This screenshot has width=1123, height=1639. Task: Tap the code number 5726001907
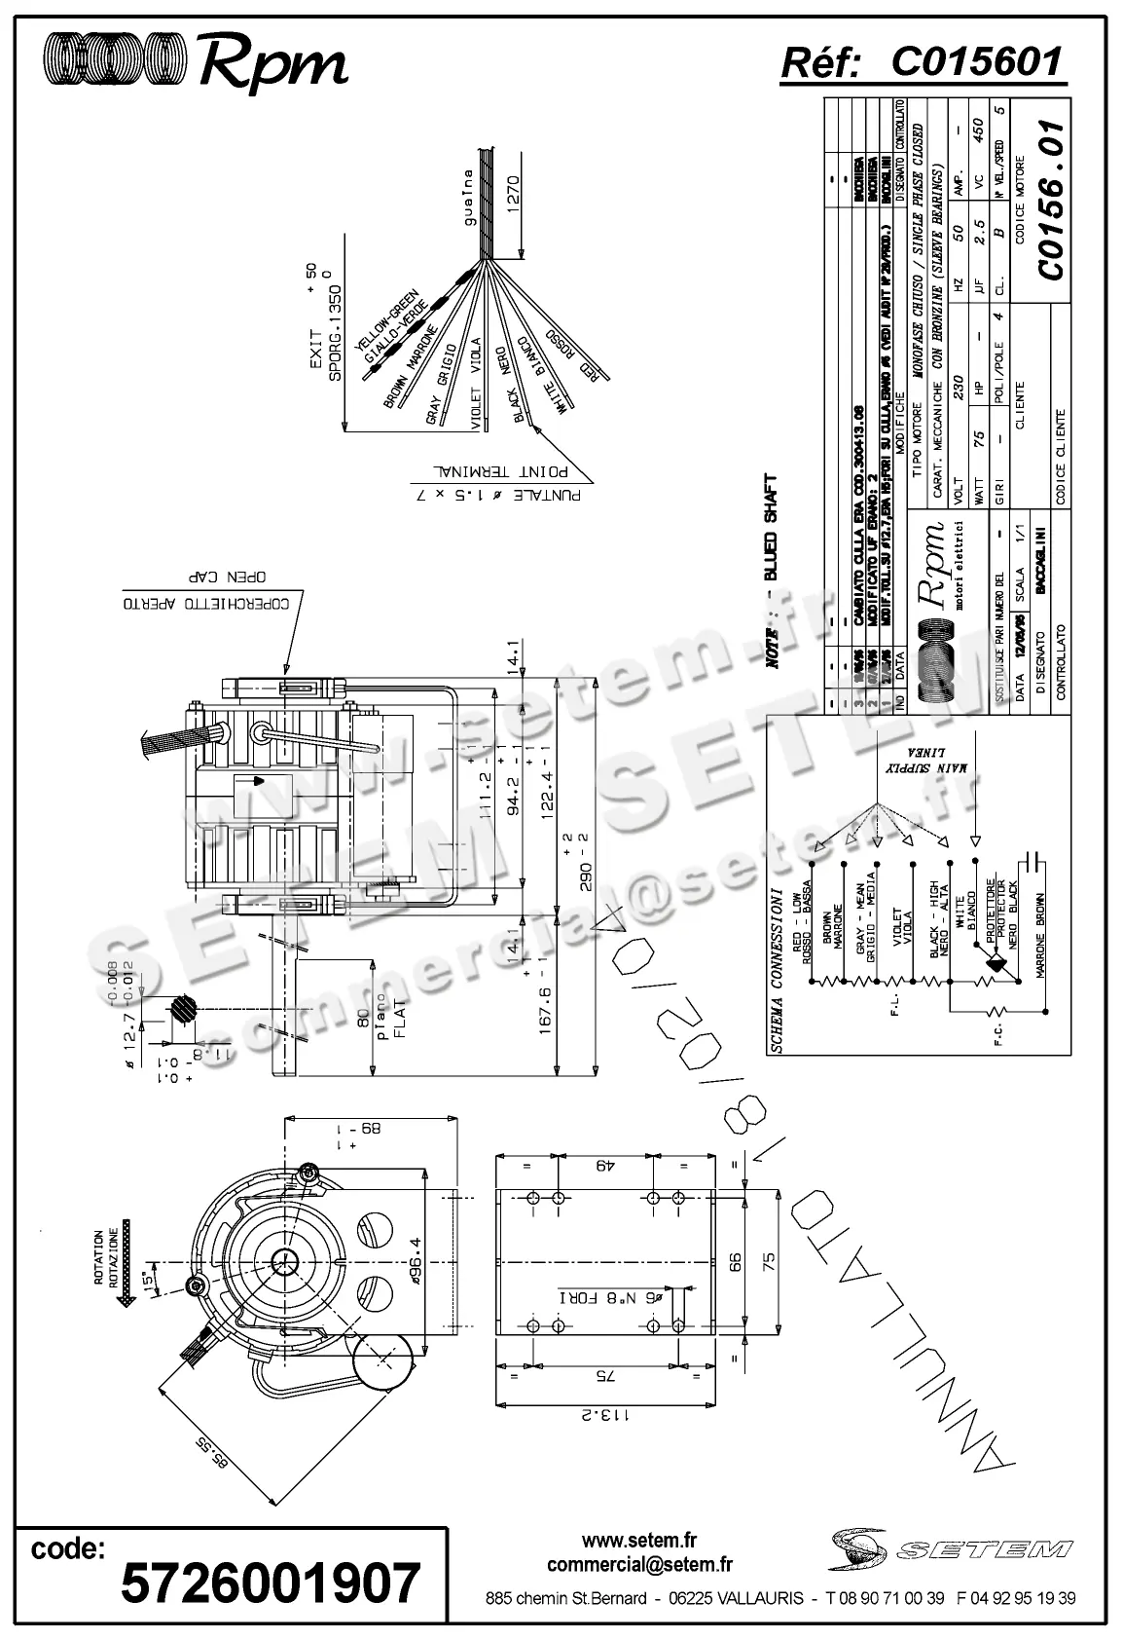point(271,1582)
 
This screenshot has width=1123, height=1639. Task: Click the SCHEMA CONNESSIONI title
point(777,970)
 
